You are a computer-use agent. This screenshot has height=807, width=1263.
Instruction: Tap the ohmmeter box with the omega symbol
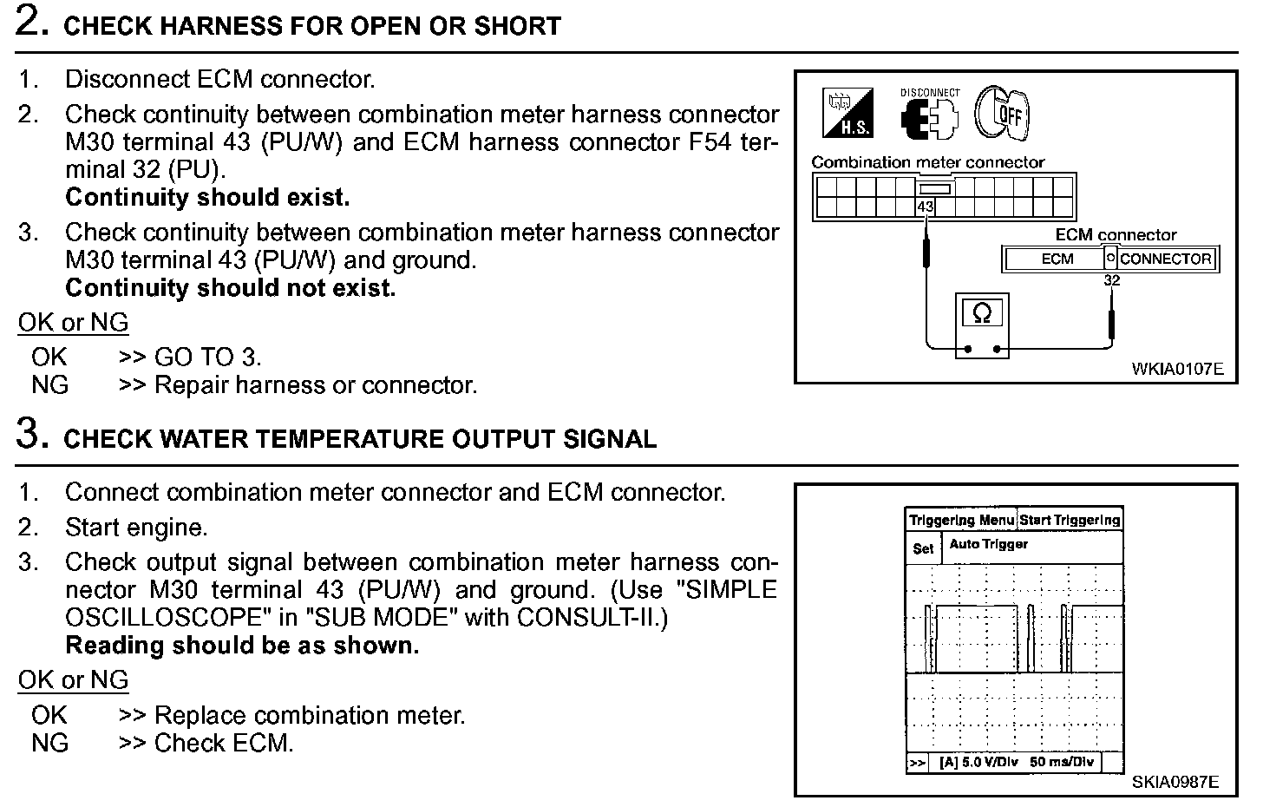(x=982, y=313)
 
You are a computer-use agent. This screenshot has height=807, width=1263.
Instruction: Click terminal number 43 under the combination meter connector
(x=925, y=207)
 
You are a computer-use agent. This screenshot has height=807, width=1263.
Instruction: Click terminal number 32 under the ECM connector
(x=1111, y=280)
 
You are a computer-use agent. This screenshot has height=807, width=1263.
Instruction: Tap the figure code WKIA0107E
(x=1176, y=369)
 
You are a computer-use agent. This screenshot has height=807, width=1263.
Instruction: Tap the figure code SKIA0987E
(x=1175, y=782)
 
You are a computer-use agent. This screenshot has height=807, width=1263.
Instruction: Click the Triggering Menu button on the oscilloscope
(x=960, y=520)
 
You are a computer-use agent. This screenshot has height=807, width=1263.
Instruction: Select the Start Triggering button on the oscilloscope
(x=1070, y=520)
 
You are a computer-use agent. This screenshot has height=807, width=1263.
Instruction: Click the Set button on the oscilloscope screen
(x=923, y=548)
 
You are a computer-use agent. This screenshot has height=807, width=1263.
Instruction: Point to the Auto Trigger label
(x=988, y=544)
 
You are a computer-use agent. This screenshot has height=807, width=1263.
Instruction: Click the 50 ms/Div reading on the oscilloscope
(x=1062, y=762)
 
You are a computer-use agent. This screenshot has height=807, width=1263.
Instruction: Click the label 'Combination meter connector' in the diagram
(x=927, y=162)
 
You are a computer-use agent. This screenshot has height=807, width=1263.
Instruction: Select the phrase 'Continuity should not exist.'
(x=230, y=287)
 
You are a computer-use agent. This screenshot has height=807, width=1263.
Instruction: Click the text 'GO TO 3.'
(x=207, y=357)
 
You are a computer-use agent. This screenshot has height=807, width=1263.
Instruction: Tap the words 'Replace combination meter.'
(x=310, y=716)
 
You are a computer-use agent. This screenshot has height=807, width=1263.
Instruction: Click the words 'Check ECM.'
(x=224, y=744)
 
